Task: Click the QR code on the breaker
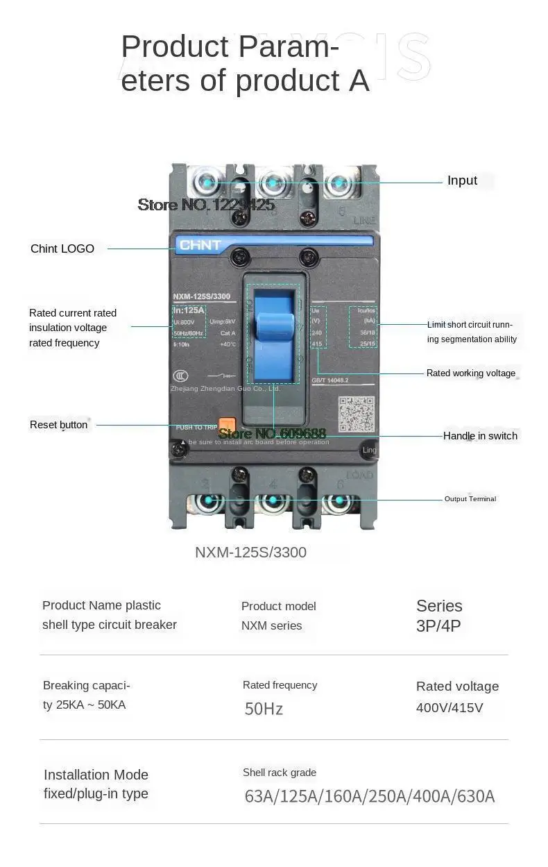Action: point(357,414)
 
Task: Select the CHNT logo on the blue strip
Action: point(200,245)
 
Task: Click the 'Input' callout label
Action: point(462,180)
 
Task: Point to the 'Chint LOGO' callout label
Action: point(62,249)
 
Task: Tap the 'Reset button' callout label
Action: point(59,425)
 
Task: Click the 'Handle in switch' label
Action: point(480,436)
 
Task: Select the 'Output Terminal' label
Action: point(470,499)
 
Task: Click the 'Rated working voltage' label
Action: point(471,373)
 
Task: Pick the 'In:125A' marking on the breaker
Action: point(189,310)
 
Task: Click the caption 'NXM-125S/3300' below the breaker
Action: point(250,553)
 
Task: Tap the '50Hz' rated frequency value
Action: point(264,709)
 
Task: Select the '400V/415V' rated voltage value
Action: point(449,708)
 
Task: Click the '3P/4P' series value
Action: point(438,626)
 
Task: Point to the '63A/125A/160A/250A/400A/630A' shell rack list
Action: point(370,796)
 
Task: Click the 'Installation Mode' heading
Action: point(96,775)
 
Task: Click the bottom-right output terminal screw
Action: point(339,500)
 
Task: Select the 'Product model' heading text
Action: point(279,606)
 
